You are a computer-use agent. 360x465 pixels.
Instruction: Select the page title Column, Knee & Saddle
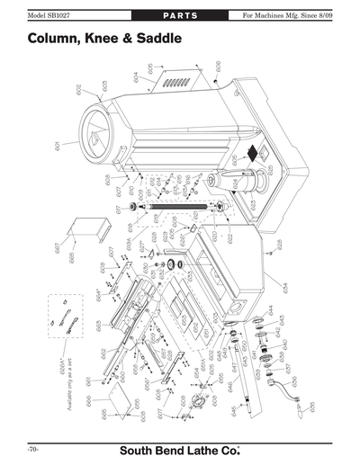pos(105,40)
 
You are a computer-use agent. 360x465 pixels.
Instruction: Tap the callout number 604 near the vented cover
pos(136,77)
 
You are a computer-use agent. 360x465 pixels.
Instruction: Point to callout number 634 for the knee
pos(284,287)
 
